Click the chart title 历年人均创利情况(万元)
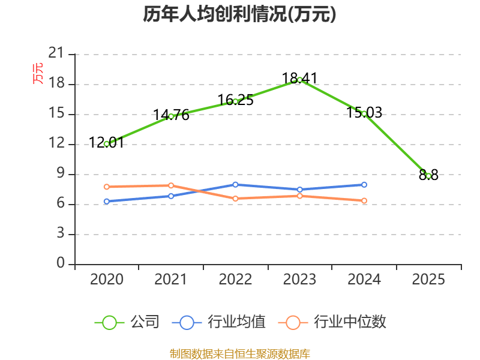pyautogui.click(x=239, y=14)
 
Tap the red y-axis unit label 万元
pyautogui.click(x=38, y=73)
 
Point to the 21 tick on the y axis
pyautogui.click(x=56, y=53)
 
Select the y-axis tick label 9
pyautogui.click(x=61, y=173)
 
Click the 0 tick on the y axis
pyautogui.click(x=61, y=263)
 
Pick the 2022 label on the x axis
pyautogui.click(x=235, y=279)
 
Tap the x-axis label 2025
pyautogui.click(x=428, y=279)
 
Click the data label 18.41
pyautogui.click(x=299, y=78)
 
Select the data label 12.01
pyautogui.click(x=106, y=142)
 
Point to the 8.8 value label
pyautogui.click(x=428, y=175)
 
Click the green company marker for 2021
pyautogui.click(x=171, y=116)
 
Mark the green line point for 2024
pyautogui.click(x=364, y=114)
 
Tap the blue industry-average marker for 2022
pyautogui.click(x=235, y=185)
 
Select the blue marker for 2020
pyautogui.click(x=107, y=202)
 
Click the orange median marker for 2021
pyautogui.click(x=171, y=185)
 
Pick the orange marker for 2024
pyautogui.click(x=364, y=201)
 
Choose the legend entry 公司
pyautogui.click(x=127, y=322)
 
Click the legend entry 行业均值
pyautogui.click(x=218, y=322)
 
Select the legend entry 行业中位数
pyautogui.click(x=332, y=322)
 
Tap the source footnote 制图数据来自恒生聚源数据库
pyautogui.click(x=239, y=354)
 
